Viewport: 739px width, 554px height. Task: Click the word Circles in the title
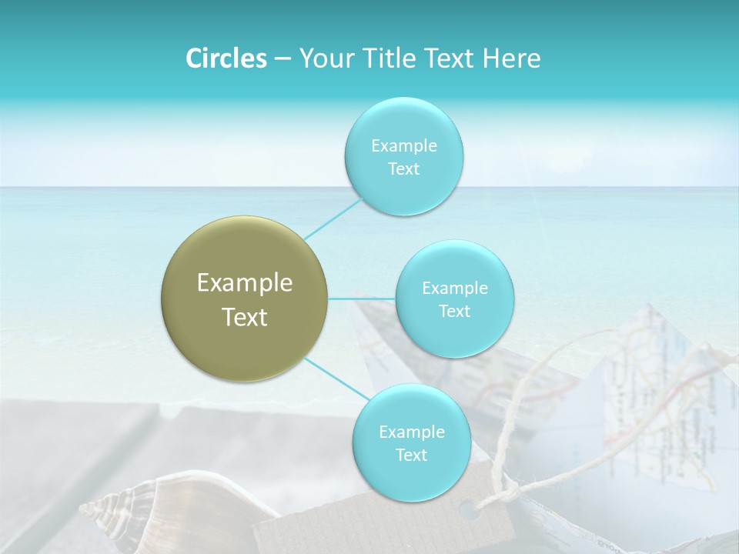(226, 58)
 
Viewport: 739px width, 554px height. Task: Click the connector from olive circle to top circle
(333, 219)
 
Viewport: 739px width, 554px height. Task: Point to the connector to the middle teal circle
(362, 298)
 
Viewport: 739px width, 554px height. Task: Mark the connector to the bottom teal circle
(336, 379)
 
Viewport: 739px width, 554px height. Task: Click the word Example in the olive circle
(245, 283)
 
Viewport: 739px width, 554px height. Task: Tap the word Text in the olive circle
(245, 317)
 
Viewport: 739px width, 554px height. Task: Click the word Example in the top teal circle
(403, 146)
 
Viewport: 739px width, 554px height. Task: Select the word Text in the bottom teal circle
(411, 455)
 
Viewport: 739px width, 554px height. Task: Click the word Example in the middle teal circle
(454, 289)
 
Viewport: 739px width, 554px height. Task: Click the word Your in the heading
(323, 58)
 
